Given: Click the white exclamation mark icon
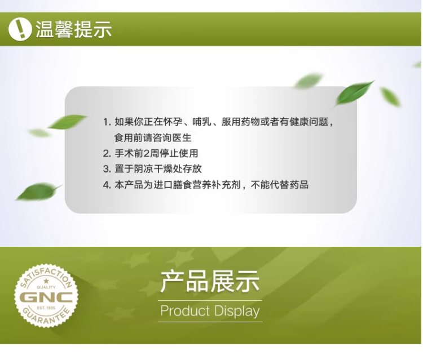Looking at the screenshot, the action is click(x=20, y=29).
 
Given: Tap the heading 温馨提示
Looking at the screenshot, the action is click(x=74, y=29).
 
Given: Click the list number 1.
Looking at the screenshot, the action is click(x=106, y=122).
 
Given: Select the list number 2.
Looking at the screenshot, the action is click(x=107, y=154).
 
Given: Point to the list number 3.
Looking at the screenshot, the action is click(x=107, y=169).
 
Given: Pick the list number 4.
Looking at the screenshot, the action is click(x=107, y=185).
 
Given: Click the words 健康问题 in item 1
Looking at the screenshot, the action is click(x=309, y=122).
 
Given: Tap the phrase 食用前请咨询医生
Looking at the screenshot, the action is click(x=153, y=137).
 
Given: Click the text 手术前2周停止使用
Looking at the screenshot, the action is click(x=156, y=153).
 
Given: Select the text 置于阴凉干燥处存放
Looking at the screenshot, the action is click(x=158, y=169).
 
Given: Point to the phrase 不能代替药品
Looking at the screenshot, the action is click(x=280, y=185).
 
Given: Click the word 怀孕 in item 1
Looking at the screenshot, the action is click(x=173, y=122).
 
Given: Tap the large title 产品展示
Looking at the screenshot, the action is click(x=210, y=282).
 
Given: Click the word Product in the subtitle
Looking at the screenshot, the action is click(x=185, y=310).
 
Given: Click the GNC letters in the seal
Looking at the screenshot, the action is click(x=46, y=297).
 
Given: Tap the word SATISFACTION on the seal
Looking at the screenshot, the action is click(x=46, y=276).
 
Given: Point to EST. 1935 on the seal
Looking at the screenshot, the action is click(x=46, y=308).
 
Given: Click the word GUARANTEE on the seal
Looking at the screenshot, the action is click(x=46, y=317).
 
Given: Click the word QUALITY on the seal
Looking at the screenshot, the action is click(x=46, y=287).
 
